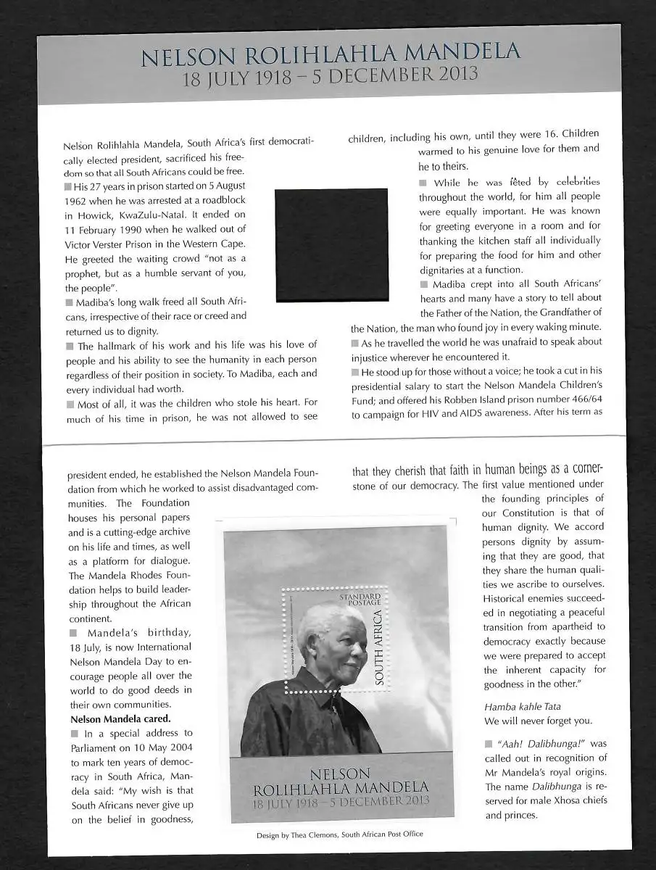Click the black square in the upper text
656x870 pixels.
[x=331, y=245]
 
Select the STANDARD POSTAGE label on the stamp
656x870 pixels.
[x=360, y=599]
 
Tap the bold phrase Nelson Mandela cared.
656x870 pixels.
[x=120, y=719]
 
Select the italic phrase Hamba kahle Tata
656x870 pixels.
[x=522, y=706]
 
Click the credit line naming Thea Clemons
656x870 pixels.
[x=340, y=834]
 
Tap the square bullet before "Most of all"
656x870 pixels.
[x=70, y=404]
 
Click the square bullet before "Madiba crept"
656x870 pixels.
[x=424, y=284]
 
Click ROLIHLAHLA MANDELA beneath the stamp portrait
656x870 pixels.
[x=340, y=788]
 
